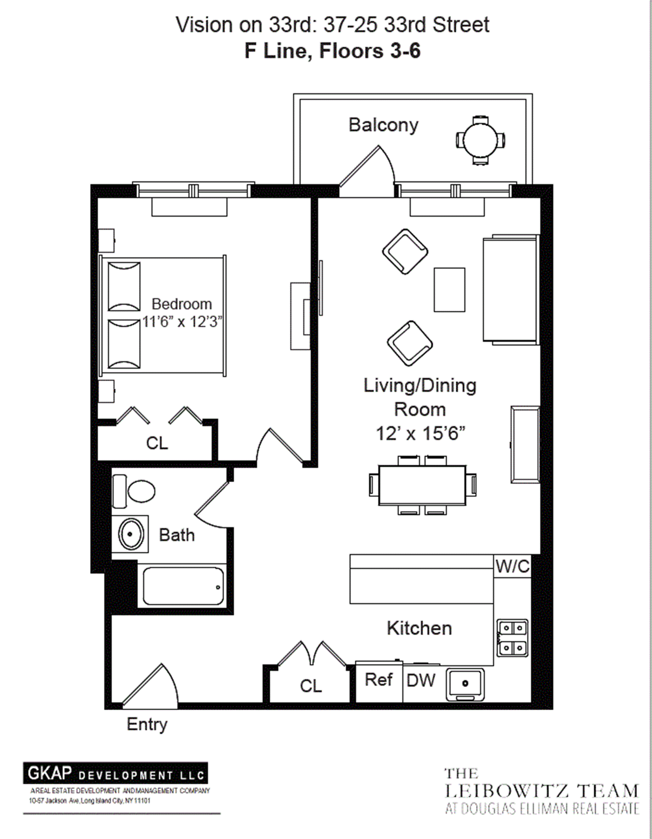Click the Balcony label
[383, 125]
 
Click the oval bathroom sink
[130, 534]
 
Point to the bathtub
[183, 586]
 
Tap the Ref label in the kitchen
[378, 680]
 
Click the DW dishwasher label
[421, 681]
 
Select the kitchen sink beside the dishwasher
[465, 684]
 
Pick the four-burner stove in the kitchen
[512, 638]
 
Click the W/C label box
[512, 567]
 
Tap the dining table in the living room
[422, 485]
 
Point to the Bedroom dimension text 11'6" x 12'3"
[182, 322]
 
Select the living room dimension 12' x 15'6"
[420, 434]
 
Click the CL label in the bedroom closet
[157, 443]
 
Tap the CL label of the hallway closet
[310, 686]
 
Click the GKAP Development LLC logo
[115, 773]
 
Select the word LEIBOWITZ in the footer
[507, 791]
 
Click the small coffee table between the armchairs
[449, 290]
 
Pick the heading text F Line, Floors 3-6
[332, 51]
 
